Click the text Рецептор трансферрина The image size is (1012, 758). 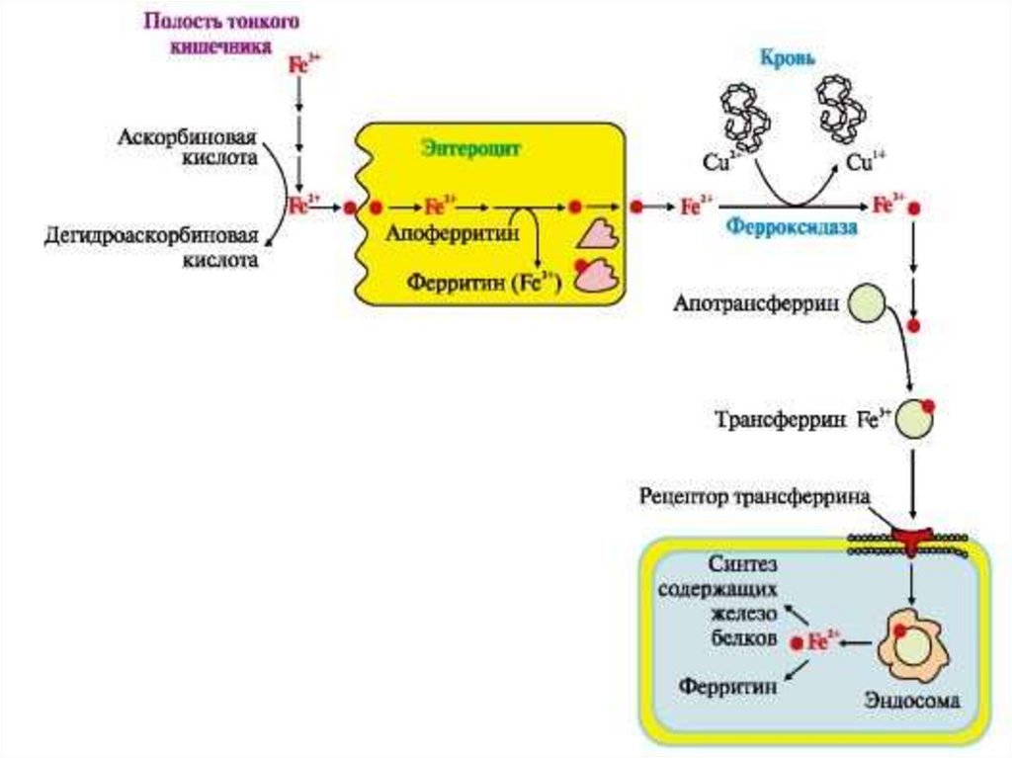tap(754, 495)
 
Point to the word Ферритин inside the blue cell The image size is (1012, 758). tap(726, 686)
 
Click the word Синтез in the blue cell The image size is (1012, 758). tap(743, 563)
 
